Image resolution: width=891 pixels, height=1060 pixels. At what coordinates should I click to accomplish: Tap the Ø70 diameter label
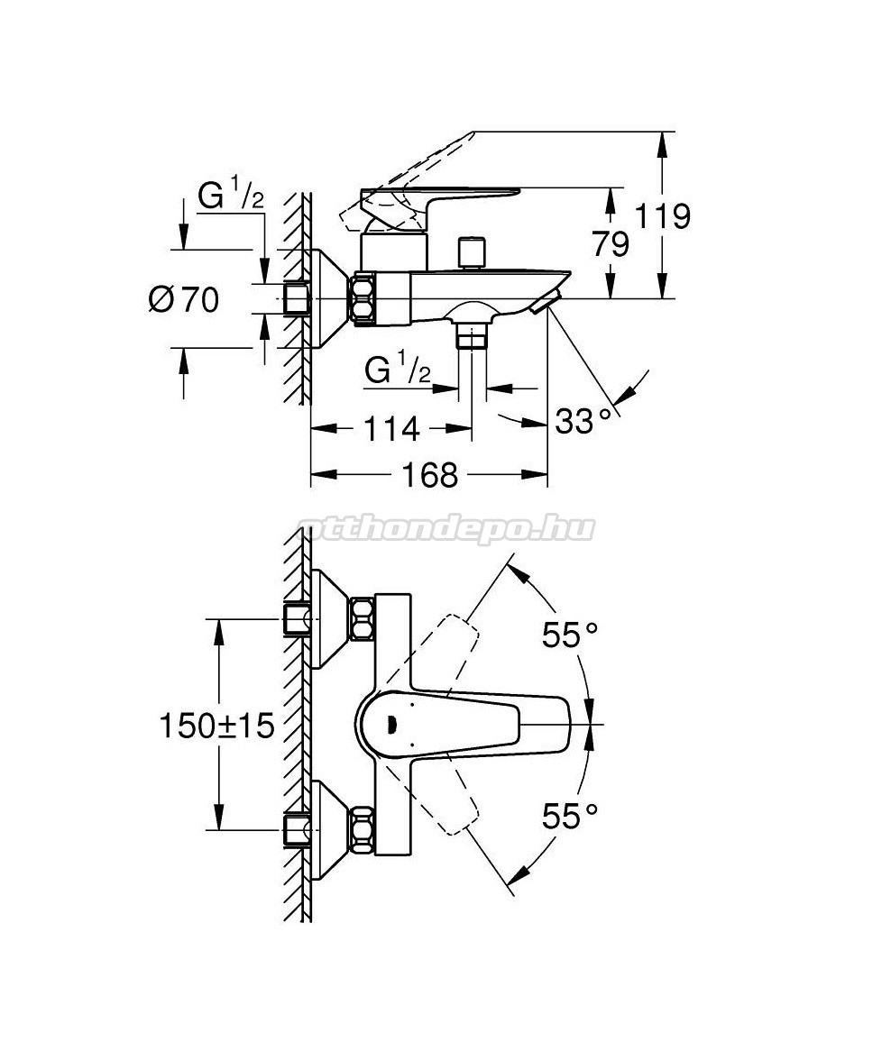coord(184,299)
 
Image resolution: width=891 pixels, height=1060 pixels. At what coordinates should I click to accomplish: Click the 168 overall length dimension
coord(430,474)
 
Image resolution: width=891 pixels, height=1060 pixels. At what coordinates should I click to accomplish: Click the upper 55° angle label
coord(570,636)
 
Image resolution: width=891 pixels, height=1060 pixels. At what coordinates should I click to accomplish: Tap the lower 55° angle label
coord(570,817)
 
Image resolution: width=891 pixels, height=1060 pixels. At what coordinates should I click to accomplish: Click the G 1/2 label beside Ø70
coord(231,196)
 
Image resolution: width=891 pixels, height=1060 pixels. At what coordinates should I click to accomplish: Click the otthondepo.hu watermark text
coord(445,529)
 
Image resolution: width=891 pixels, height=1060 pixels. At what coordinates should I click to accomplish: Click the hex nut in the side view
coord(364,299)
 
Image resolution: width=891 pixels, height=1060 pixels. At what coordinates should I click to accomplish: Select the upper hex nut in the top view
coord(363,620)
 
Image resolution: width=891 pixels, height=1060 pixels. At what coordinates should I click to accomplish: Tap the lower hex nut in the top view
coord(363,828)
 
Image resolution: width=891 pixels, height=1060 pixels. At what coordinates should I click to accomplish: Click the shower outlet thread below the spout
coord(472,337)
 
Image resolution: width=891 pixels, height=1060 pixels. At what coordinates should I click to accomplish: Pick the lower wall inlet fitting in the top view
coord(296,828)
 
